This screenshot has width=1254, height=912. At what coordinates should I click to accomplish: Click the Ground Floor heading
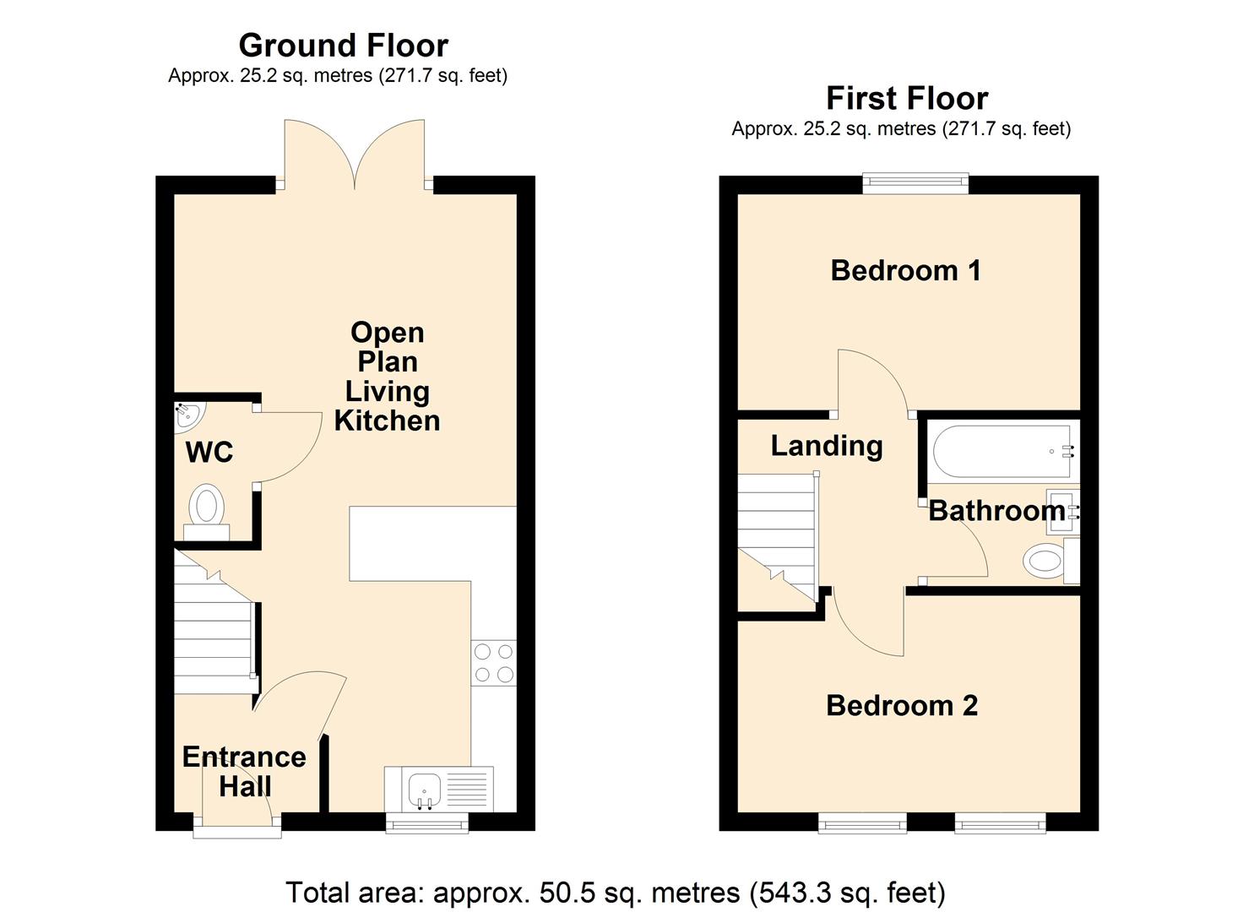point(343,45)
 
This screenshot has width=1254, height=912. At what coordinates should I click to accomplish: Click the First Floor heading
point(906,98)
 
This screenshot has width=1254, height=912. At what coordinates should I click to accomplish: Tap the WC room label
point(209,453)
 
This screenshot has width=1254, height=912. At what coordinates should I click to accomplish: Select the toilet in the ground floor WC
point(206,510)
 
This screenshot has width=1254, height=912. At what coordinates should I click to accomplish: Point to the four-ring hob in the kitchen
point(493,663)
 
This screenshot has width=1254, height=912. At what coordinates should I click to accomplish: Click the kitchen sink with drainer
point(438,790)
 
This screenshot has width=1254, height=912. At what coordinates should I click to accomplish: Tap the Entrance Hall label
point(244,771)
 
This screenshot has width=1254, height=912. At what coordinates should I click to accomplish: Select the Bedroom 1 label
point(905,270)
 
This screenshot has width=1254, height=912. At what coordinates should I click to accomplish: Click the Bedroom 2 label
point(902,705)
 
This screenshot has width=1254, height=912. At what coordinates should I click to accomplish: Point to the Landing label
point(826,445)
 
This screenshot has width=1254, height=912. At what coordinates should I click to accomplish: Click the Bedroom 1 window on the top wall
point(915,182)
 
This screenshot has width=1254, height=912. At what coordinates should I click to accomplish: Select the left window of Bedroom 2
point(862,823)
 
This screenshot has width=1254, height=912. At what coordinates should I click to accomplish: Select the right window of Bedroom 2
point(1000,823)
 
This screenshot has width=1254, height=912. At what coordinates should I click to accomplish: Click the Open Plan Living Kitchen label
point(387,377)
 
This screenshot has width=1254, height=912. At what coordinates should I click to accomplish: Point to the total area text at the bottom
point(615,893)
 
